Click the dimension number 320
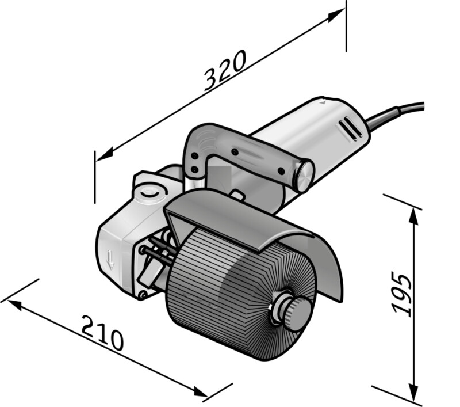[224, 70]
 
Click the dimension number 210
[103, 333]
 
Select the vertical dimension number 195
[402, 295]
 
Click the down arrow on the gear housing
[110, 259]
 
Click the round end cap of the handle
[304, 176]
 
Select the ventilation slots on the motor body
[351, 128]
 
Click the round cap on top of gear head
[149, 193]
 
